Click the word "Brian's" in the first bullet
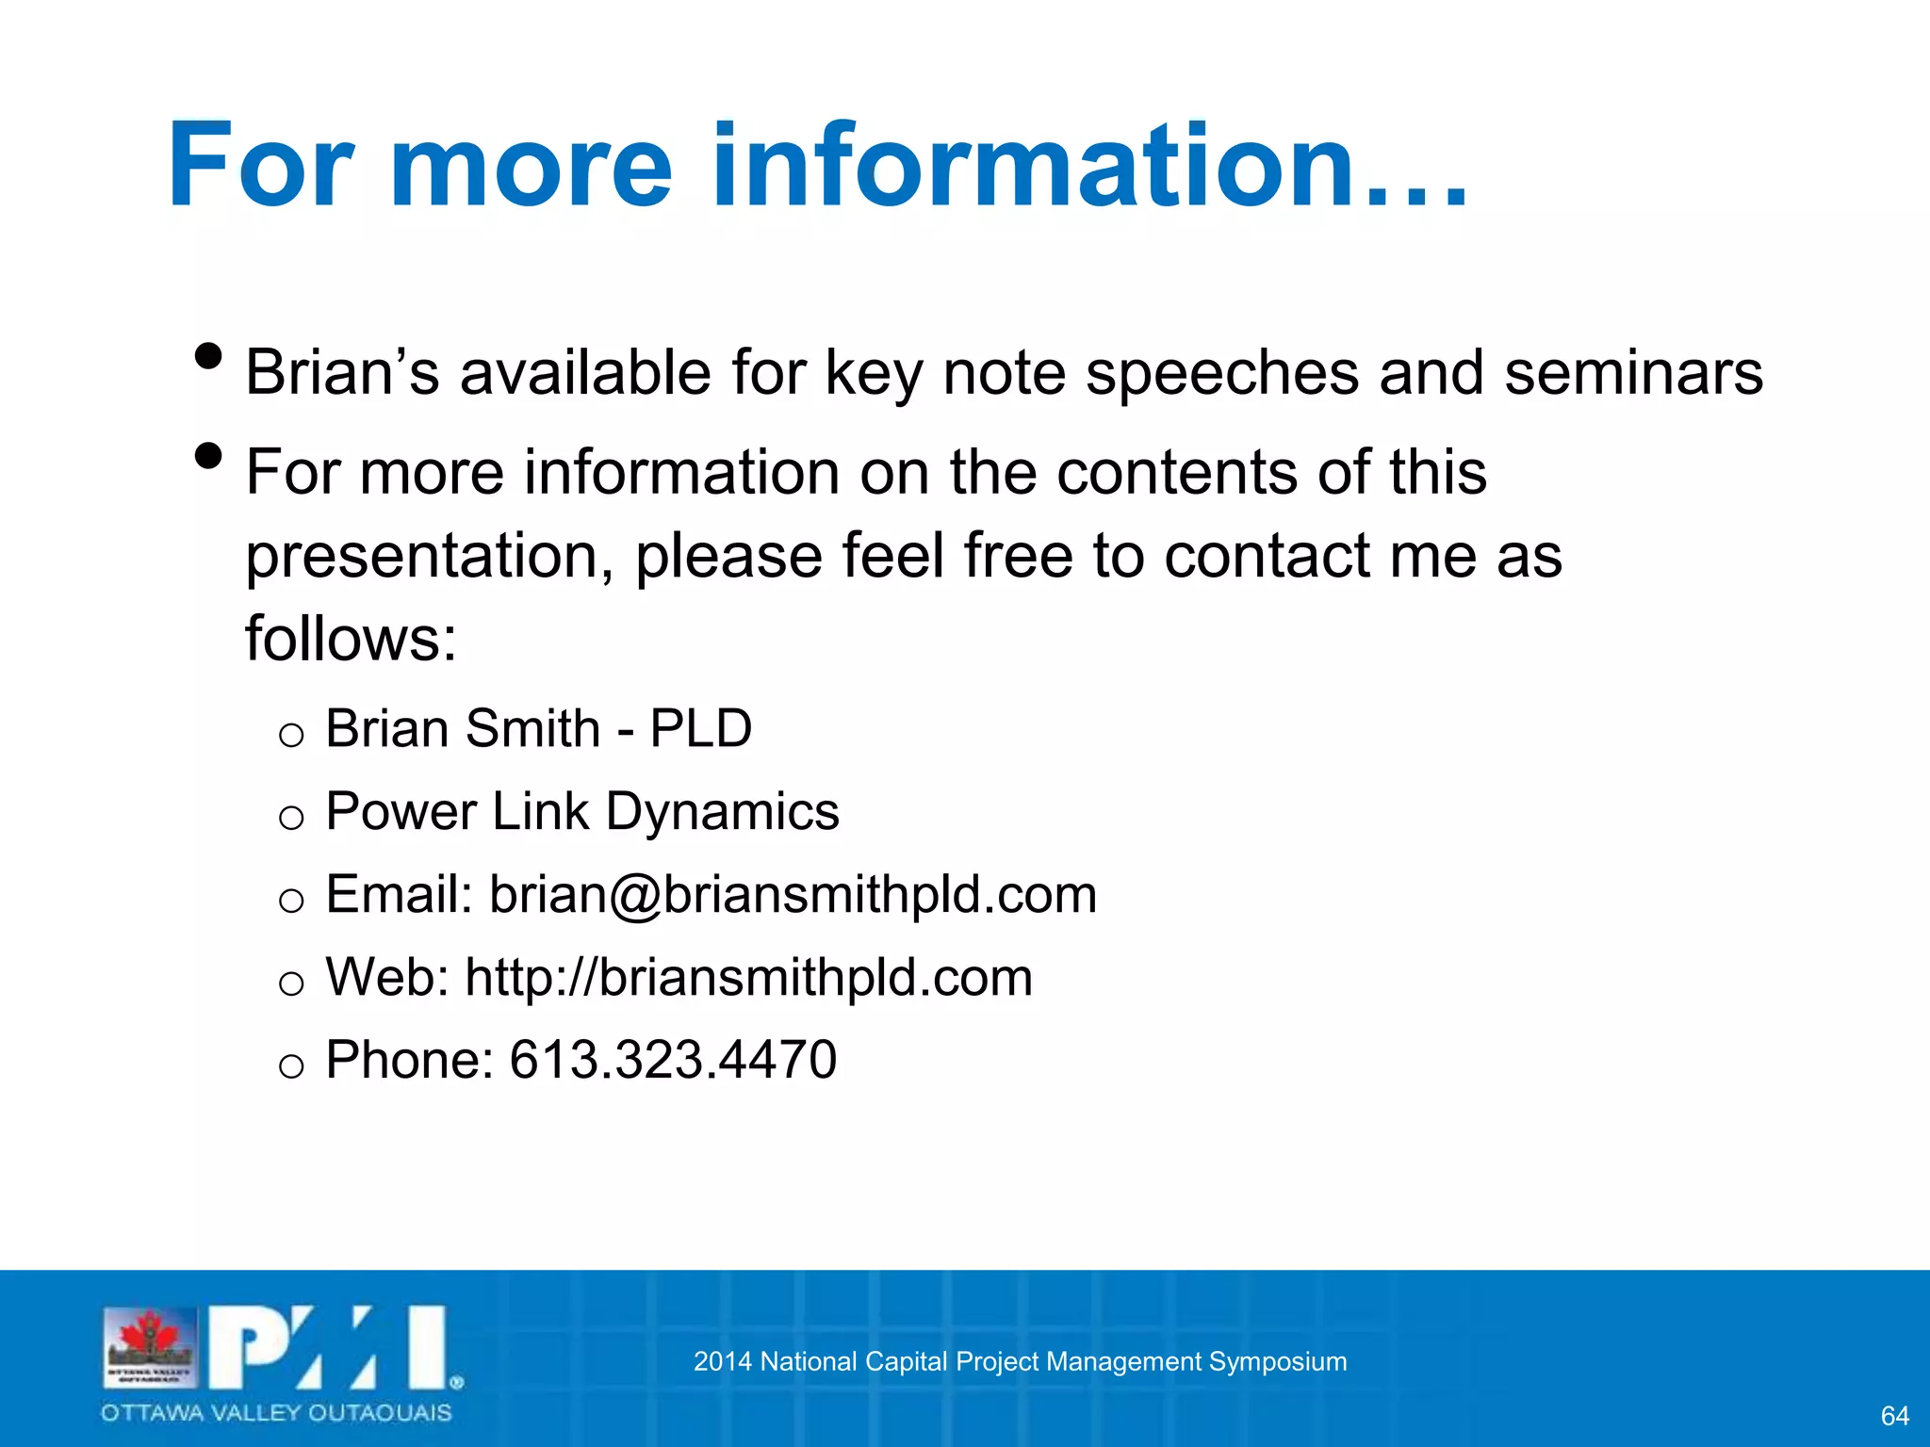tap(342, 372)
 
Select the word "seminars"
tap(1633, 372)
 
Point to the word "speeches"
tap(1222, 374)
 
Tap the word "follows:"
tap(351, 639)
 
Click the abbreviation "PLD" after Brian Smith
tap(701, 728)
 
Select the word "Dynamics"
tap(722, 812)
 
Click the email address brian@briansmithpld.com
tap(793, 894)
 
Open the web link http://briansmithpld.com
tap(749, 977)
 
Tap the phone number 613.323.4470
tap(673, 1060)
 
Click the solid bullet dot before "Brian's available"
tap(207, 357)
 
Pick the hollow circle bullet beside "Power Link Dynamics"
tap(291, 818)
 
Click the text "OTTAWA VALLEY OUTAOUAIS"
tap(276, 1413)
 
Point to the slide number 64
tap(1894, 1415)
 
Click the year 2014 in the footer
tap(722, 1361)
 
